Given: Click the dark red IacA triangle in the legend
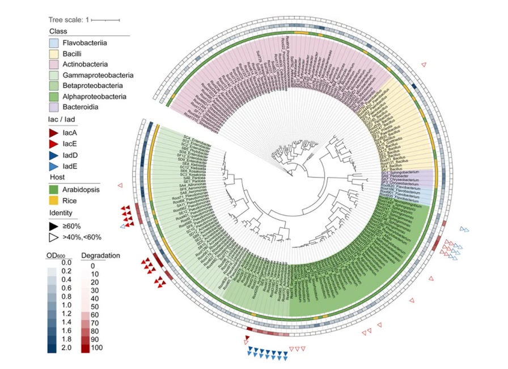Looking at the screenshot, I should point(53,132).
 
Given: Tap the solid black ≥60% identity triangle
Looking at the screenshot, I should point(53,225).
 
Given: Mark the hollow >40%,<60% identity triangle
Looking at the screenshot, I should point(53,237).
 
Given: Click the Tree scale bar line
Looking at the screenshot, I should point(105,20).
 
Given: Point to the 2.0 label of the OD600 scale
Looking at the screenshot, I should point(66,347).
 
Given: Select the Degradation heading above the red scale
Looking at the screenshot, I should point(101,255).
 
